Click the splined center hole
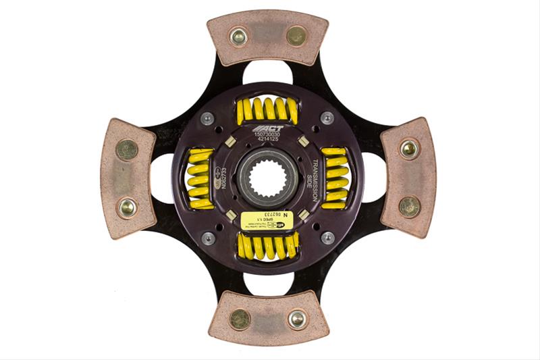267,178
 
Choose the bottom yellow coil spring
267,247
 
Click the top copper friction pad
267,37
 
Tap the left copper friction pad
128,178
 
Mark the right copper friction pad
408,178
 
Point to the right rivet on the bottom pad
297,319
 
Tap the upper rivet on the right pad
409,149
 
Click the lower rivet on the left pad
127,207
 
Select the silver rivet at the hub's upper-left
208,118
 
